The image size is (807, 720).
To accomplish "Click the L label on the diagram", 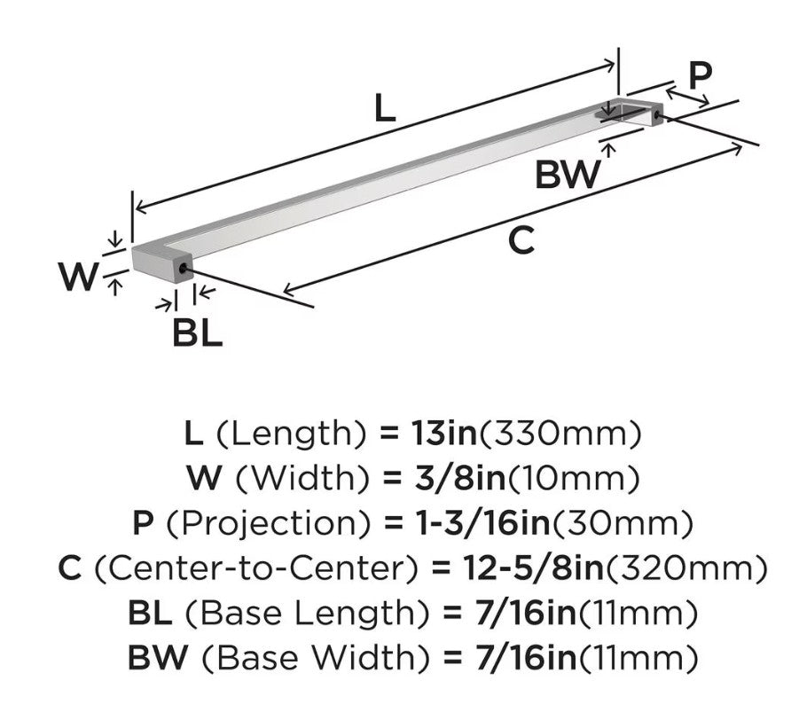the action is coord(385,108).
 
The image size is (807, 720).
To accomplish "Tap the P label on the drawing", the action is coord(700,75).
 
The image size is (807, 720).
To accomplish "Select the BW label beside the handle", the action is coord(568,174).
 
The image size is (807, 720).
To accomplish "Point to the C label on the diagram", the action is coord(521,240).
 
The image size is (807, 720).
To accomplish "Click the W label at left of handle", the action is coord(78,277).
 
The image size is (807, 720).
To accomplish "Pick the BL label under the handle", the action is coord(197,333).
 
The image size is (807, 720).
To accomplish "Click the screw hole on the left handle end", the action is coord(183,269).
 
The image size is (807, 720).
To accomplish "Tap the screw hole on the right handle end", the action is coord(657,115).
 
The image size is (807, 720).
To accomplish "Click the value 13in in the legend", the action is coord(444,433).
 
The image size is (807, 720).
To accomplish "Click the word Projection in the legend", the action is coord(269,524).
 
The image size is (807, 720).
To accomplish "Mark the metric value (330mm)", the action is coord(560,434).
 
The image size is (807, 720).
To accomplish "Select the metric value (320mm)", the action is coord(686,569).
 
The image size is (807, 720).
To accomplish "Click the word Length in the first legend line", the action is coord(291,434).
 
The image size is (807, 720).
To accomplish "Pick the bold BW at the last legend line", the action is coord(158,658).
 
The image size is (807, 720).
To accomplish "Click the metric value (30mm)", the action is coord(623,524).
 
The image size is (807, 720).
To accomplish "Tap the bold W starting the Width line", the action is coord(204,478).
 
